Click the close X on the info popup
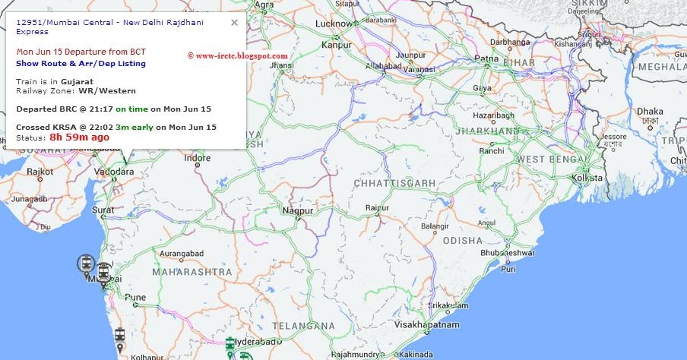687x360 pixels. point(234,23)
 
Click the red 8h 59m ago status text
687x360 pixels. point(80,137)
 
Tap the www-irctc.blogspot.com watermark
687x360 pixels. point(239,55)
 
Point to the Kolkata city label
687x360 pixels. point(588,177)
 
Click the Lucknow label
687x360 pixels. point(334,24)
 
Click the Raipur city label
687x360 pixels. point(377,208)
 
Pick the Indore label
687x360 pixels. point(198,159)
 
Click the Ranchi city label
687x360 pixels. point(491,151)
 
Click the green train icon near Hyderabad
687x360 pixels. point(230,344)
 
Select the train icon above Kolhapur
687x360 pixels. point(119,335)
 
